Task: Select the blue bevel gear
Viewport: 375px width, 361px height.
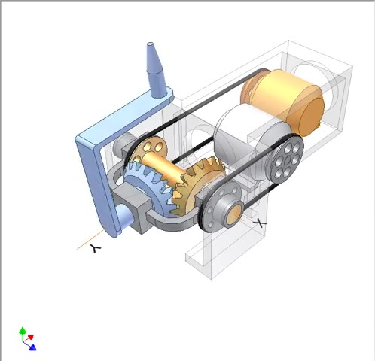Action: [x=148, y=186]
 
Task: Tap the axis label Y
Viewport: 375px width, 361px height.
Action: [x=95, y=248]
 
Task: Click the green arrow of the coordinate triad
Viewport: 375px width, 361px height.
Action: [x=23, y=331]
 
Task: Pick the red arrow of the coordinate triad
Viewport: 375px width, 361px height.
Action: [x=31, y=337]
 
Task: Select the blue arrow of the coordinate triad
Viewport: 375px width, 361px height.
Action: [x=32, y=347]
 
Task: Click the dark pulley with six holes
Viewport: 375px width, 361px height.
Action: [x=285, y=158]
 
